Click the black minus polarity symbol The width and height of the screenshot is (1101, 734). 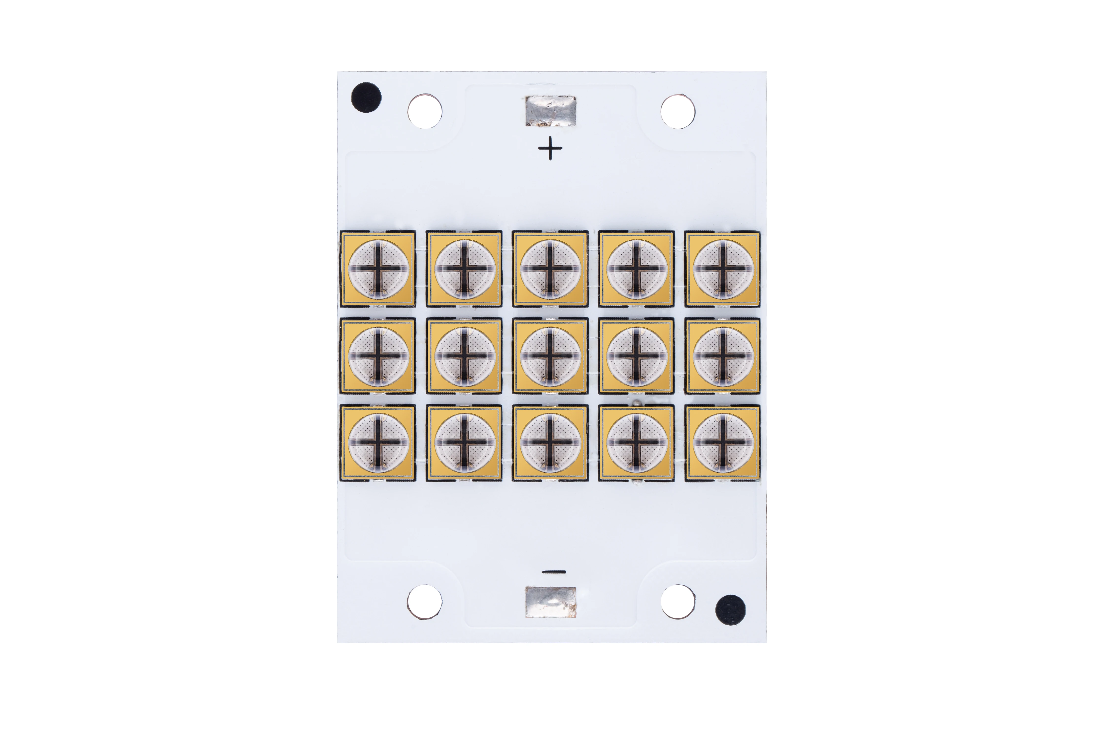[x=554, y=572]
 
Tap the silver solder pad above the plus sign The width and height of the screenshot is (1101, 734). [x=550, y=111]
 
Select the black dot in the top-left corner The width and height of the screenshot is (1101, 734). [x=366, y=98]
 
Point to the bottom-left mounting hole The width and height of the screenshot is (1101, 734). [x=424, y=602]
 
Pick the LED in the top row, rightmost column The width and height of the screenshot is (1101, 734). [x=723, y=269]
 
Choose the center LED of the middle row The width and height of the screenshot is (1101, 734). [x=550, y=356]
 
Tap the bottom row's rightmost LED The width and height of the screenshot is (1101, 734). [x=723, y=442]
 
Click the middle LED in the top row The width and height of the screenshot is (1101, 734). [x=550, y=269]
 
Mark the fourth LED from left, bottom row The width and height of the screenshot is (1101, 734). [x=637, y=442]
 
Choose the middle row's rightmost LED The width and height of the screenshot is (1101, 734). [x=723, y=356]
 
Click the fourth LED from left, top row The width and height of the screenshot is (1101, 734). [x=637, y=269]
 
